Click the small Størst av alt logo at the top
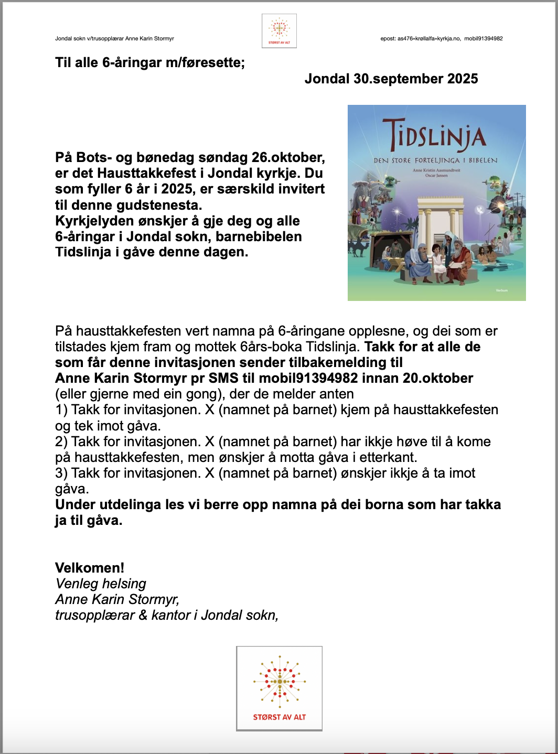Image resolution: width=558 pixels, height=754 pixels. tap(279, 31)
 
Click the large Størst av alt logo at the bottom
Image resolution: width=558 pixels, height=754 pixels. tap(279, 688)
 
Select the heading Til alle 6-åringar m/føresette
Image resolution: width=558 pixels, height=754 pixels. tap(149, 63)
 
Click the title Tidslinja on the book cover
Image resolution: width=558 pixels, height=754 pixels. tap(435, 134)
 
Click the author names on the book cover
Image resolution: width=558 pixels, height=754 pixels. tap(436, 173)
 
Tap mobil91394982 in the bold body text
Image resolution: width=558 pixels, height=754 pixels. tap(308, 379)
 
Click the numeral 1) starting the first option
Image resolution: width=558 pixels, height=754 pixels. tap(61, 410)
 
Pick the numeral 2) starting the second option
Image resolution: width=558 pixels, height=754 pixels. tap(61, 441)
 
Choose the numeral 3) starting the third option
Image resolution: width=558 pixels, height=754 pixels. tap(61, 473)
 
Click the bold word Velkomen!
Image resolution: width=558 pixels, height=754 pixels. tap(90, 568)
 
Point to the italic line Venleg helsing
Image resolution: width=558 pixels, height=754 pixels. tap(101, 584)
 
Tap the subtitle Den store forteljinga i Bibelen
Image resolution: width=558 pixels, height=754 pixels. tap(435, 160)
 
